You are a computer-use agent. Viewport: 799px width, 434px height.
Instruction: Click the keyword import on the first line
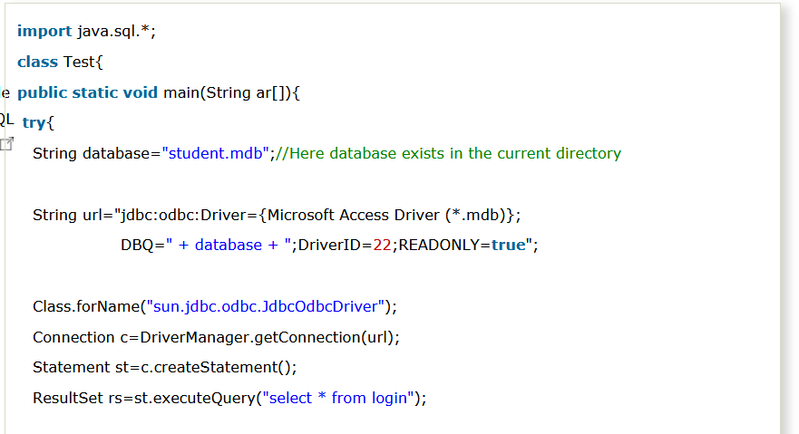click(44, 32)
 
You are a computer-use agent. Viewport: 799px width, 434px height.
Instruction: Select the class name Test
click(79, 63)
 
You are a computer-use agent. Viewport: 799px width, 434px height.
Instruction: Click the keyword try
click(34, 123)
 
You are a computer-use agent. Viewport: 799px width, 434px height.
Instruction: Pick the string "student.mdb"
click(216, 153)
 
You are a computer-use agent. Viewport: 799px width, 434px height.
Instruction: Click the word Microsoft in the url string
click(300, 215)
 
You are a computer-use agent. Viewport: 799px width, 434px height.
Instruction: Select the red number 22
click(382, 246)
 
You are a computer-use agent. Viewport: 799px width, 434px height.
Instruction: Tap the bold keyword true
click(509, 246)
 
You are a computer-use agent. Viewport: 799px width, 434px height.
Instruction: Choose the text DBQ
click(136, 246)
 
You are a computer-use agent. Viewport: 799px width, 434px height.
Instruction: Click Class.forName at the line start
click(86, 306)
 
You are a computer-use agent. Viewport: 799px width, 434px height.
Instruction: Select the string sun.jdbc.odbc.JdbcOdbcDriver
click(266, 306)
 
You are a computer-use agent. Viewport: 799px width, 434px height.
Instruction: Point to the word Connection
click(73, 337)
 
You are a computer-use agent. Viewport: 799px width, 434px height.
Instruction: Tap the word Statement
click(72, 367)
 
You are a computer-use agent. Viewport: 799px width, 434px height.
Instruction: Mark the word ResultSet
click(68, 398)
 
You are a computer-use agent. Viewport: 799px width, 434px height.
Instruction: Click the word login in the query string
click(389, 399)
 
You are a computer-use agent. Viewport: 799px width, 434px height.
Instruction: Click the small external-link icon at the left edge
click(6, 144)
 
